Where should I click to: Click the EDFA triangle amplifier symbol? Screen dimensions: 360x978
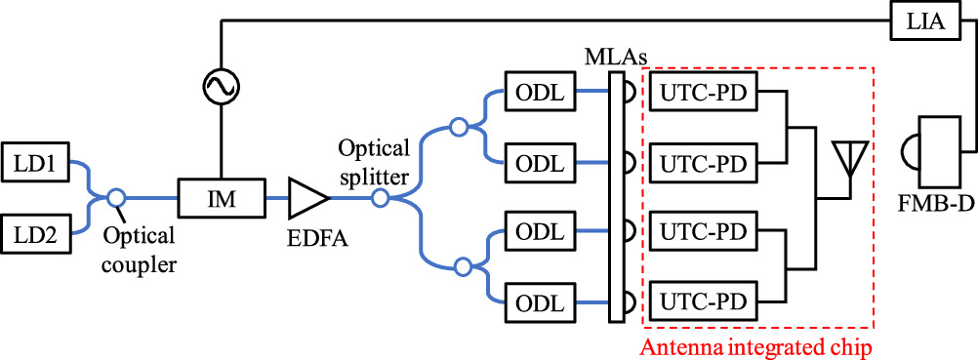coord(307,198)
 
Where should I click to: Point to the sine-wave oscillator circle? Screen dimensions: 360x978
coord(221,89)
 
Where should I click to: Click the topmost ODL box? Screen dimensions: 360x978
coord(537,93)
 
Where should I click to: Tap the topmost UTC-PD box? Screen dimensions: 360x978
coord(703,93)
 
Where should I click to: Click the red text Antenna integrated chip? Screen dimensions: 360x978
coord(757,345)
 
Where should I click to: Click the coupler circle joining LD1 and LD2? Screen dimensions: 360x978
coord(116,198)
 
